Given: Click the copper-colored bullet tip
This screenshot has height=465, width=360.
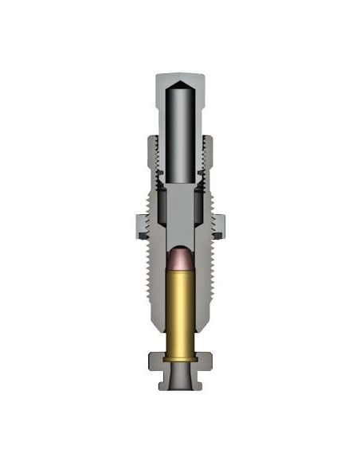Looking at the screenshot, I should pos(180,259).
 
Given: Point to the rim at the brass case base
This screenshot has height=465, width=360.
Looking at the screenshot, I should pos(180,358).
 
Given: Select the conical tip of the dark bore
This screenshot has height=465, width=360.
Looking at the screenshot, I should pos(180,81).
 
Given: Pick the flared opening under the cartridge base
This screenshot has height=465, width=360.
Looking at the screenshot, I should pos(180,374).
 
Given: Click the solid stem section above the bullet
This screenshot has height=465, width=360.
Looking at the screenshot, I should pos(180,215).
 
